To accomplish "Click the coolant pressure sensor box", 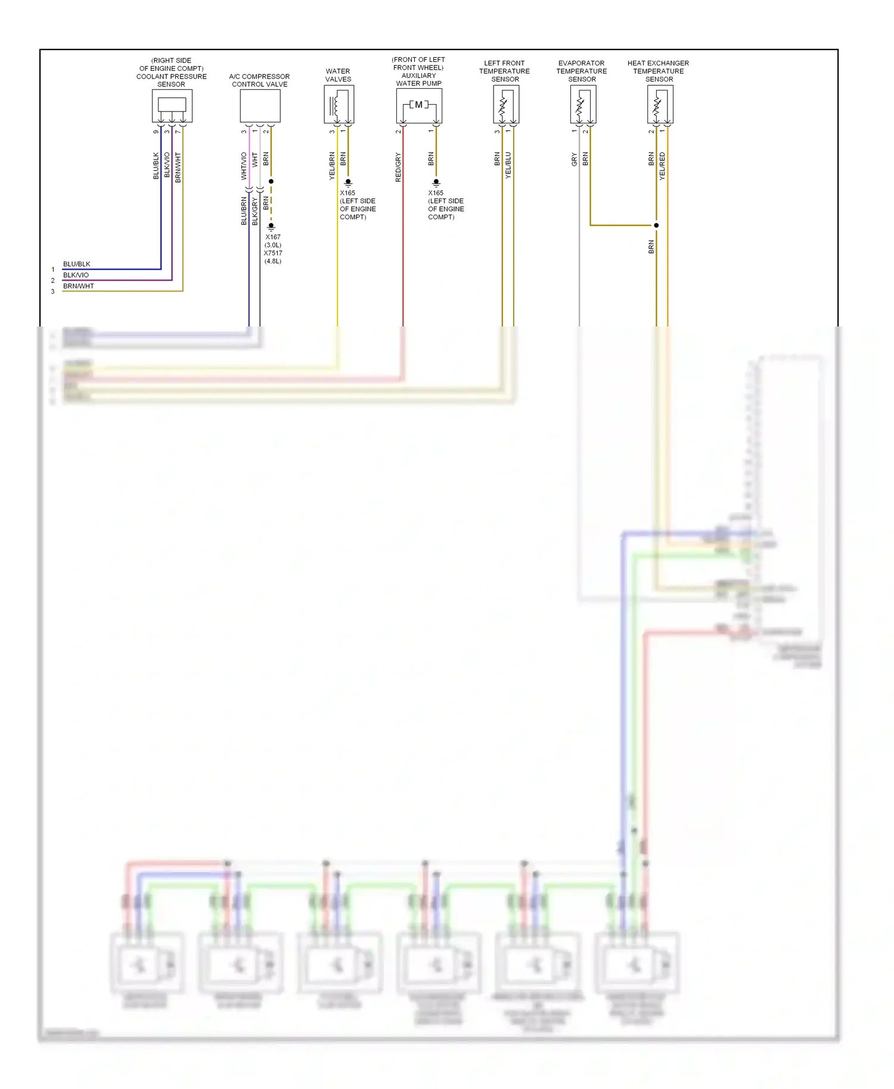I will [172, 105].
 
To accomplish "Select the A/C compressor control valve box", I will [260, 105].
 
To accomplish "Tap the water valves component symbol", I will [339, 104].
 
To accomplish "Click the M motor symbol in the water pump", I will [418, 105].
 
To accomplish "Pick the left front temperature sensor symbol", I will [505, 104].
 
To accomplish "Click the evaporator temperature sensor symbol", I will [582, 104].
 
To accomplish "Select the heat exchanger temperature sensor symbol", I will [659, 104].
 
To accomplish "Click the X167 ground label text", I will [273, 237].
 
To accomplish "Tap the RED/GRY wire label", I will [398, 167].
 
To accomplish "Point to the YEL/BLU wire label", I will [508, 165].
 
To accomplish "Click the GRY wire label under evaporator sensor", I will [575, 159].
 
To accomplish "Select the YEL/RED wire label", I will [662, 166].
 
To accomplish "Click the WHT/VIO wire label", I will [244, 166].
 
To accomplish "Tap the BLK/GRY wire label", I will [255, 211].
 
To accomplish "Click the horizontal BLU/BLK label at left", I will [77, 264].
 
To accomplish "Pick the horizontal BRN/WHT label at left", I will [79, 286].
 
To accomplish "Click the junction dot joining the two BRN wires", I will [656, 225].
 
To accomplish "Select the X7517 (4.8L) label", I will [273, 257].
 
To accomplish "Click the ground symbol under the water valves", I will [348, 183].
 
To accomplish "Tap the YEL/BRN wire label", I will [332, 166].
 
